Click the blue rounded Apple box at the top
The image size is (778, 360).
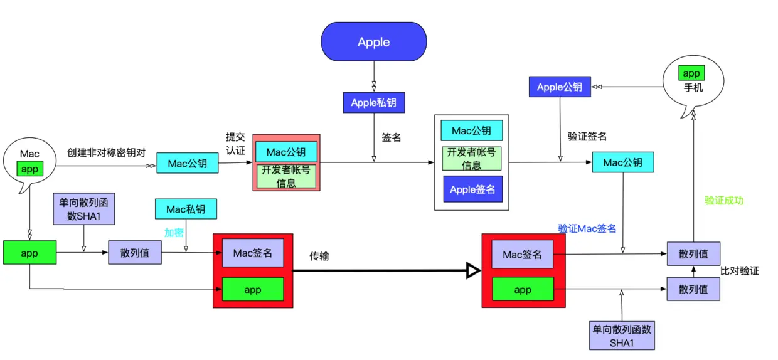click(374, 43)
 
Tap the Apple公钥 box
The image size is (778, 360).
click(559, 87)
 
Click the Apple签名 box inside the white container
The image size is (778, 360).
click(472, 189)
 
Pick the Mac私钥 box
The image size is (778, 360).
click(186, 209)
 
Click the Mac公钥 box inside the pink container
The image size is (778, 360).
click(286, 152)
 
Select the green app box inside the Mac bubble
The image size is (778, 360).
click(29, 169)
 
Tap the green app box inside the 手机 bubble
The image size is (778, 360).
click(691, 73)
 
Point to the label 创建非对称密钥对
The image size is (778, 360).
click(106, 152)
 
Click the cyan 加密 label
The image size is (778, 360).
click(174, 233)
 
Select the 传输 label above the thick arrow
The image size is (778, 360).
click(319, 256)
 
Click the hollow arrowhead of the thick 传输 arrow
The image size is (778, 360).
click(473, 271)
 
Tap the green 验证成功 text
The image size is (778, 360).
click(724, 201)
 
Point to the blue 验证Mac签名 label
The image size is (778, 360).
click(587, 229)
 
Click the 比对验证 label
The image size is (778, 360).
click(740, 271)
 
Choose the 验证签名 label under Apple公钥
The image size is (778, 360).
click(587, 136)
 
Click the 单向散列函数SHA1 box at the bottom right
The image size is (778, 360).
click(622, 336)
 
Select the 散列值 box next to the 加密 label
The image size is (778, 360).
click(134, 252)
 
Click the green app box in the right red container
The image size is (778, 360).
click(523, 289)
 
